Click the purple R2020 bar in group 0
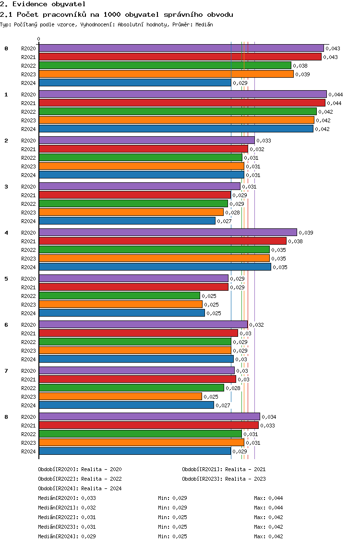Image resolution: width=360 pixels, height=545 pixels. coord(181,48)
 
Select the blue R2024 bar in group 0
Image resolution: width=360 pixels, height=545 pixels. coord(135,83)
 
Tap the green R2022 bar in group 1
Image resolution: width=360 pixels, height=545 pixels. coord(178,111)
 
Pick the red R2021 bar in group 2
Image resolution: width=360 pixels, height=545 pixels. coord(143,149)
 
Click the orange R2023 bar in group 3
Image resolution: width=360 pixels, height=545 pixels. coord(131,212)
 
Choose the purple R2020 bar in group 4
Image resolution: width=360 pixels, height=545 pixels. coord(168,232)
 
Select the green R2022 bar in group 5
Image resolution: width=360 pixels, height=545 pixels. coord(119,296)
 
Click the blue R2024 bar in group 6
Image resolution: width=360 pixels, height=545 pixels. coord(136,359)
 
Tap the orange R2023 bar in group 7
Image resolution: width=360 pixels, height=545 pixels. coord(120,396)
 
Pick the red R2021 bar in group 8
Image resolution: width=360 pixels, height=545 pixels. coord(148,425)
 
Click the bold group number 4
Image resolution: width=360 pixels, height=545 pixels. coord(6,233)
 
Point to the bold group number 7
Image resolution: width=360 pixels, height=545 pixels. coord(6,371)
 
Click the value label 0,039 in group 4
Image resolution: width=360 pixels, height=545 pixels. coord(306,233)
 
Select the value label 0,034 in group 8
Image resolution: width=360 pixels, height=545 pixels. coord(269,417)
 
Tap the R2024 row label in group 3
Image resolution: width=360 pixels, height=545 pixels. coord(28,221)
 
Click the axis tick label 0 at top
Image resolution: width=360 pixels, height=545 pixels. coord(39,39)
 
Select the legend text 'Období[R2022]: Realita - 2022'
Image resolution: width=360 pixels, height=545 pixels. coord(80,479)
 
